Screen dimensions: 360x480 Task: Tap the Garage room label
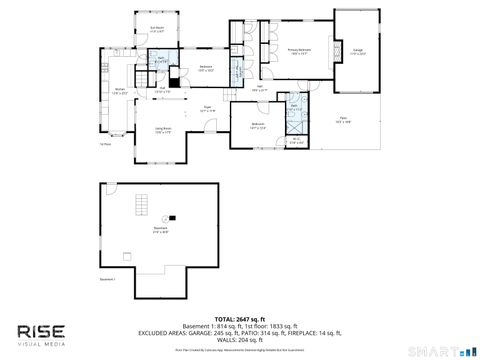click(x=357, y=50)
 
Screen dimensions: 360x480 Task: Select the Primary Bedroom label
click(x=299, y=50)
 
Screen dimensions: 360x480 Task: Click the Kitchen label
click(x=120, y=91)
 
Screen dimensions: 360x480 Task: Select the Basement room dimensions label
click(x=160, y=230)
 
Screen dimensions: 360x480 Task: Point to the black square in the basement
click(x=169, y=216)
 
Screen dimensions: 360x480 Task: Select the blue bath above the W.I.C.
click(x=295, y=111)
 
